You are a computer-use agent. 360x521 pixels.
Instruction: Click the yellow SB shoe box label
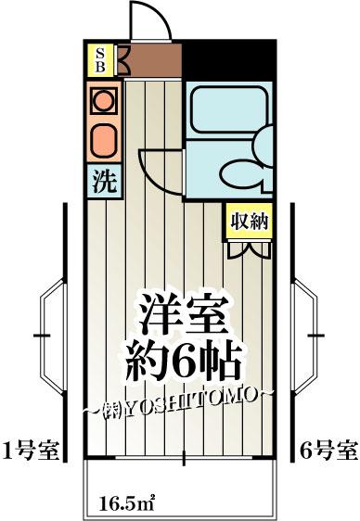100,60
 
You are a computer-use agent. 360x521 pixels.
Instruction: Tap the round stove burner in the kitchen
104,100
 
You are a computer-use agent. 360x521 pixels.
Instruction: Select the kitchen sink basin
104,141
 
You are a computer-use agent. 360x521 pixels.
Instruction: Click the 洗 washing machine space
104,182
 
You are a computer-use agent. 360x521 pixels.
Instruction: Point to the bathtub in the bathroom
230,109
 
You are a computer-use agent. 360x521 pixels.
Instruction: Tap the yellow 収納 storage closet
250,221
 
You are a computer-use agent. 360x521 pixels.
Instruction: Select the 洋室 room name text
184,314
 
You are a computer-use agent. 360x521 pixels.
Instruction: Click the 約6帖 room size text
183,362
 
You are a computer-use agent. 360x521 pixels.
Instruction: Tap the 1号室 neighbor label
31,450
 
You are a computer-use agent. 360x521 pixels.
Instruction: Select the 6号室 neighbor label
328,450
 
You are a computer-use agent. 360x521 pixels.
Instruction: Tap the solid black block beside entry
229,60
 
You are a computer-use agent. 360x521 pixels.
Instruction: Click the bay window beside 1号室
53,336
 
